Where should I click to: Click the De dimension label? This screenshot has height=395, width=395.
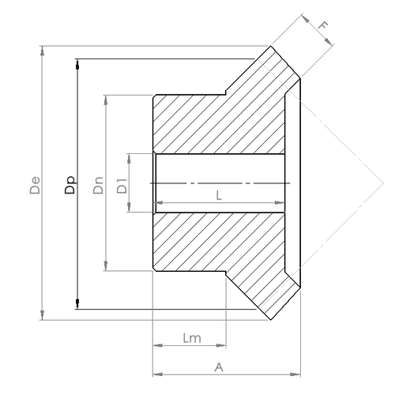pyautogui.click(x=33, y=190)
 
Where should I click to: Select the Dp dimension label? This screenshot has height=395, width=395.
pyautogui.click(x=70, y=185)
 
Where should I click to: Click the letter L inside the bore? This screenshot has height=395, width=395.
pyautogui.click(x=219, y=196)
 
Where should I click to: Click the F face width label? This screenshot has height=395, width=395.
pyautogui.click(x=323, y=25)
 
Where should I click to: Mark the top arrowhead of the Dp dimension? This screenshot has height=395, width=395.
pyautogui.click(x=77, y=62)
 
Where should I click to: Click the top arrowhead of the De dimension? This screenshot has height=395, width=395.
pyautogui.click(x=41, y=50)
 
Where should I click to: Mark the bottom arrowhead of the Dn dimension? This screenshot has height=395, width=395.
pyautogui.click(x=105, y=267)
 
